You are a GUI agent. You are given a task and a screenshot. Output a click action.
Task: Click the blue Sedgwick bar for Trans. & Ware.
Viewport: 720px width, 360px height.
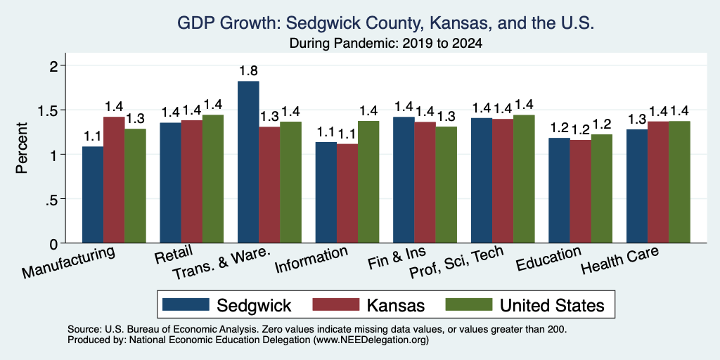click(248, 162)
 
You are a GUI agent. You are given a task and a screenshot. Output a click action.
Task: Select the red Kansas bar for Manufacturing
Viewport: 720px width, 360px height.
click(114, 180)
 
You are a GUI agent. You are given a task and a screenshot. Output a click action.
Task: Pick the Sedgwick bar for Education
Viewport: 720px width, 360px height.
click(559, 191)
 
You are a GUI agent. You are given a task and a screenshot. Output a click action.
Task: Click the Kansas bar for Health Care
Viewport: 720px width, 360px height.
click(658, 182)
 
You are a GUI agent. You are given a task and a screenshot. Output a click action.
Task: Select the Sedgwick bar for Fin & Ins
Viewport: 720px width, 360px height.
click(404, 180)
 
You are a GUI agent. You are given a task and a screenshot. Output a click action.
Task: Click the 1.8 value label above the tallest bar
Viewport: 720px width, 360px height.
click(248, 71)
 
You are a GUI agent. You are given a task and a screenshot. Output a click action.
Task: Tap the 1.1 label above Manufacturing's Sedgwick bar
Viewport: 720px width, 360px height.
click(93, 136)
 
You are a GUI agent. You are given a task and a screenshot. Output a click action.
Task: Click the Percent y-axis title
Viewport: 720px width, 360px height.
click(22, 148)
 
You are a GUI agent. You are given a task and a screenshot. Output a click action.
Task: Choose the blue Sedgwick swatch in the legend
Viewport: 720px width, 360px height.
click(186, 304)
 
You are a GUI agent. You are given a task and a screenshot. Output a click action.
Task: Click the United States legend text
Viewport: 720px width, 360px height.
click(552, 305)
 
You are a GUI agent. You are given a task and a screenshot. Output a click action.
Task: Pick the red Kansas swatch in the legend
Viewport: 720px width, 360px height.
click(335, 304)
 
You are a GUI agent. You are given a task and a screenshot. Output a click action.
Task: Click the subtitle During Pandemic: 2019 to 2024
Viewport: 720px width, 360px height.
click(386, 44)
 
